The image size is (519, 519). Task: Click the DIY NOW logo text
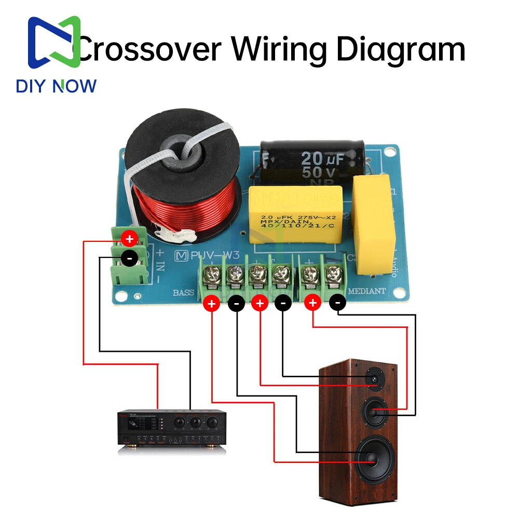click(56, 86)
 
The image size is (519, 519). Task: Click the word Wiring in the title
click(279, 49)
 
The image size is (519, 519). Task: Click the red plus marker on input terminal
click(129, 239)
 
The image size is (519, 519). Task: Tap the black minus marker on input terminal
click(129, 257)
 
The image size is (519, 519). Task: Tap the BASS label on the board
click(184, 293)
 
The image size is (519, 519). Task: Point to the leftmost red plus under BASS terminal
click(211, 304)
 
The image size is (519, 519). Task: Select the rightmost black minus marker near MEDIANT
click(338, 302)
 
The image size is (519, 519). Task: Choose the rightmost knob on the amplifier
click(212, 423)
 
